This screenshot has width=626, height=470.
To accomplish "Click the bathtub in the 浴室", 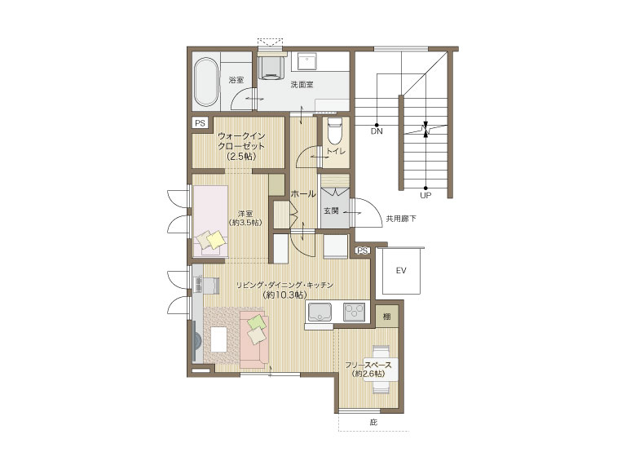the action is point(206,82).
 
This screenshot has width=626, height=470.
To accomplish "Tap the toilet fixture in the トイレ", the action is point(334,131).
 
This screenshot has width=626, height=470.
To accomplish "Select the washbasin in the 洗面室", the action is point(307,61).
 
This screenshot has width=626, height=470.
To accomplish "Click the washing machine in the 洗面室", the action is point(271,67).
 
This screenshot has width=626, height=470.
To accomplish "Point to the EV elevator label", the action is point(401,271).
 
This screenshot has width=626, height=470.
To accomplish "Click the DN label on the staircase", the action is point(377,131).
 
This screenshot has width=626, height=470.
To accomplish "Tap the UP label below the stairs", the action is point(425,196).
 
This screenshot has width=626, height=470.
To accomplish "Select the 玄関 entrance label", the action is point(331,211).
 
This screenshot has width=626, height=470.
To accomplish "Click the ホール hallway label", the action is point(303,194).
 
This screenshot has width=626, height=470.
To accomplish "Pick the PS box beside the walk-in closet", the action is point(200,122).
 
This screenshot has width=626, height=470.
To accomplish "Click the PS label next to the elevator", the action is point(363,251).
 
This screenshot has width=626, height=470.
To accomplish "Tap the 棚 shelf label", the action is point(387,317).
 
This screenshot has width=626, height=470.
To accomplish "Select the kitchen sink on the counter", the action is point(319,312).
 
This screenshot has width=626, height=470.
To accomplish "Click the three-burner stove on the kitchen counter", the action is point(355,312).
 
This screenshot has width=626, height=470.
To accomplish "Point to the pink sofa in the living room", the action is point(254,340).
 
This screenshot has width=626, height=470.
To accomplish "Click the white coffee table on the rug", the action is point(218,339).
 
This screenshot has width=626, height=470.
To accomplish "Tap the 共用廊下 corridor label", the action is point(401,219).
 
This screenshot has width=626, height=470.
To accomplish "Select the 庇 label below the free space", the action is point(373,422).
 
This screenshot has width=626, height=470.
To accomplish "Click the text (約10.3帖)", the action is point(285,295).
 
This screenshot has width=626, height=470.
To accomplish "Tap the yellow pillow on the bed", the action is point(216,240).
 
